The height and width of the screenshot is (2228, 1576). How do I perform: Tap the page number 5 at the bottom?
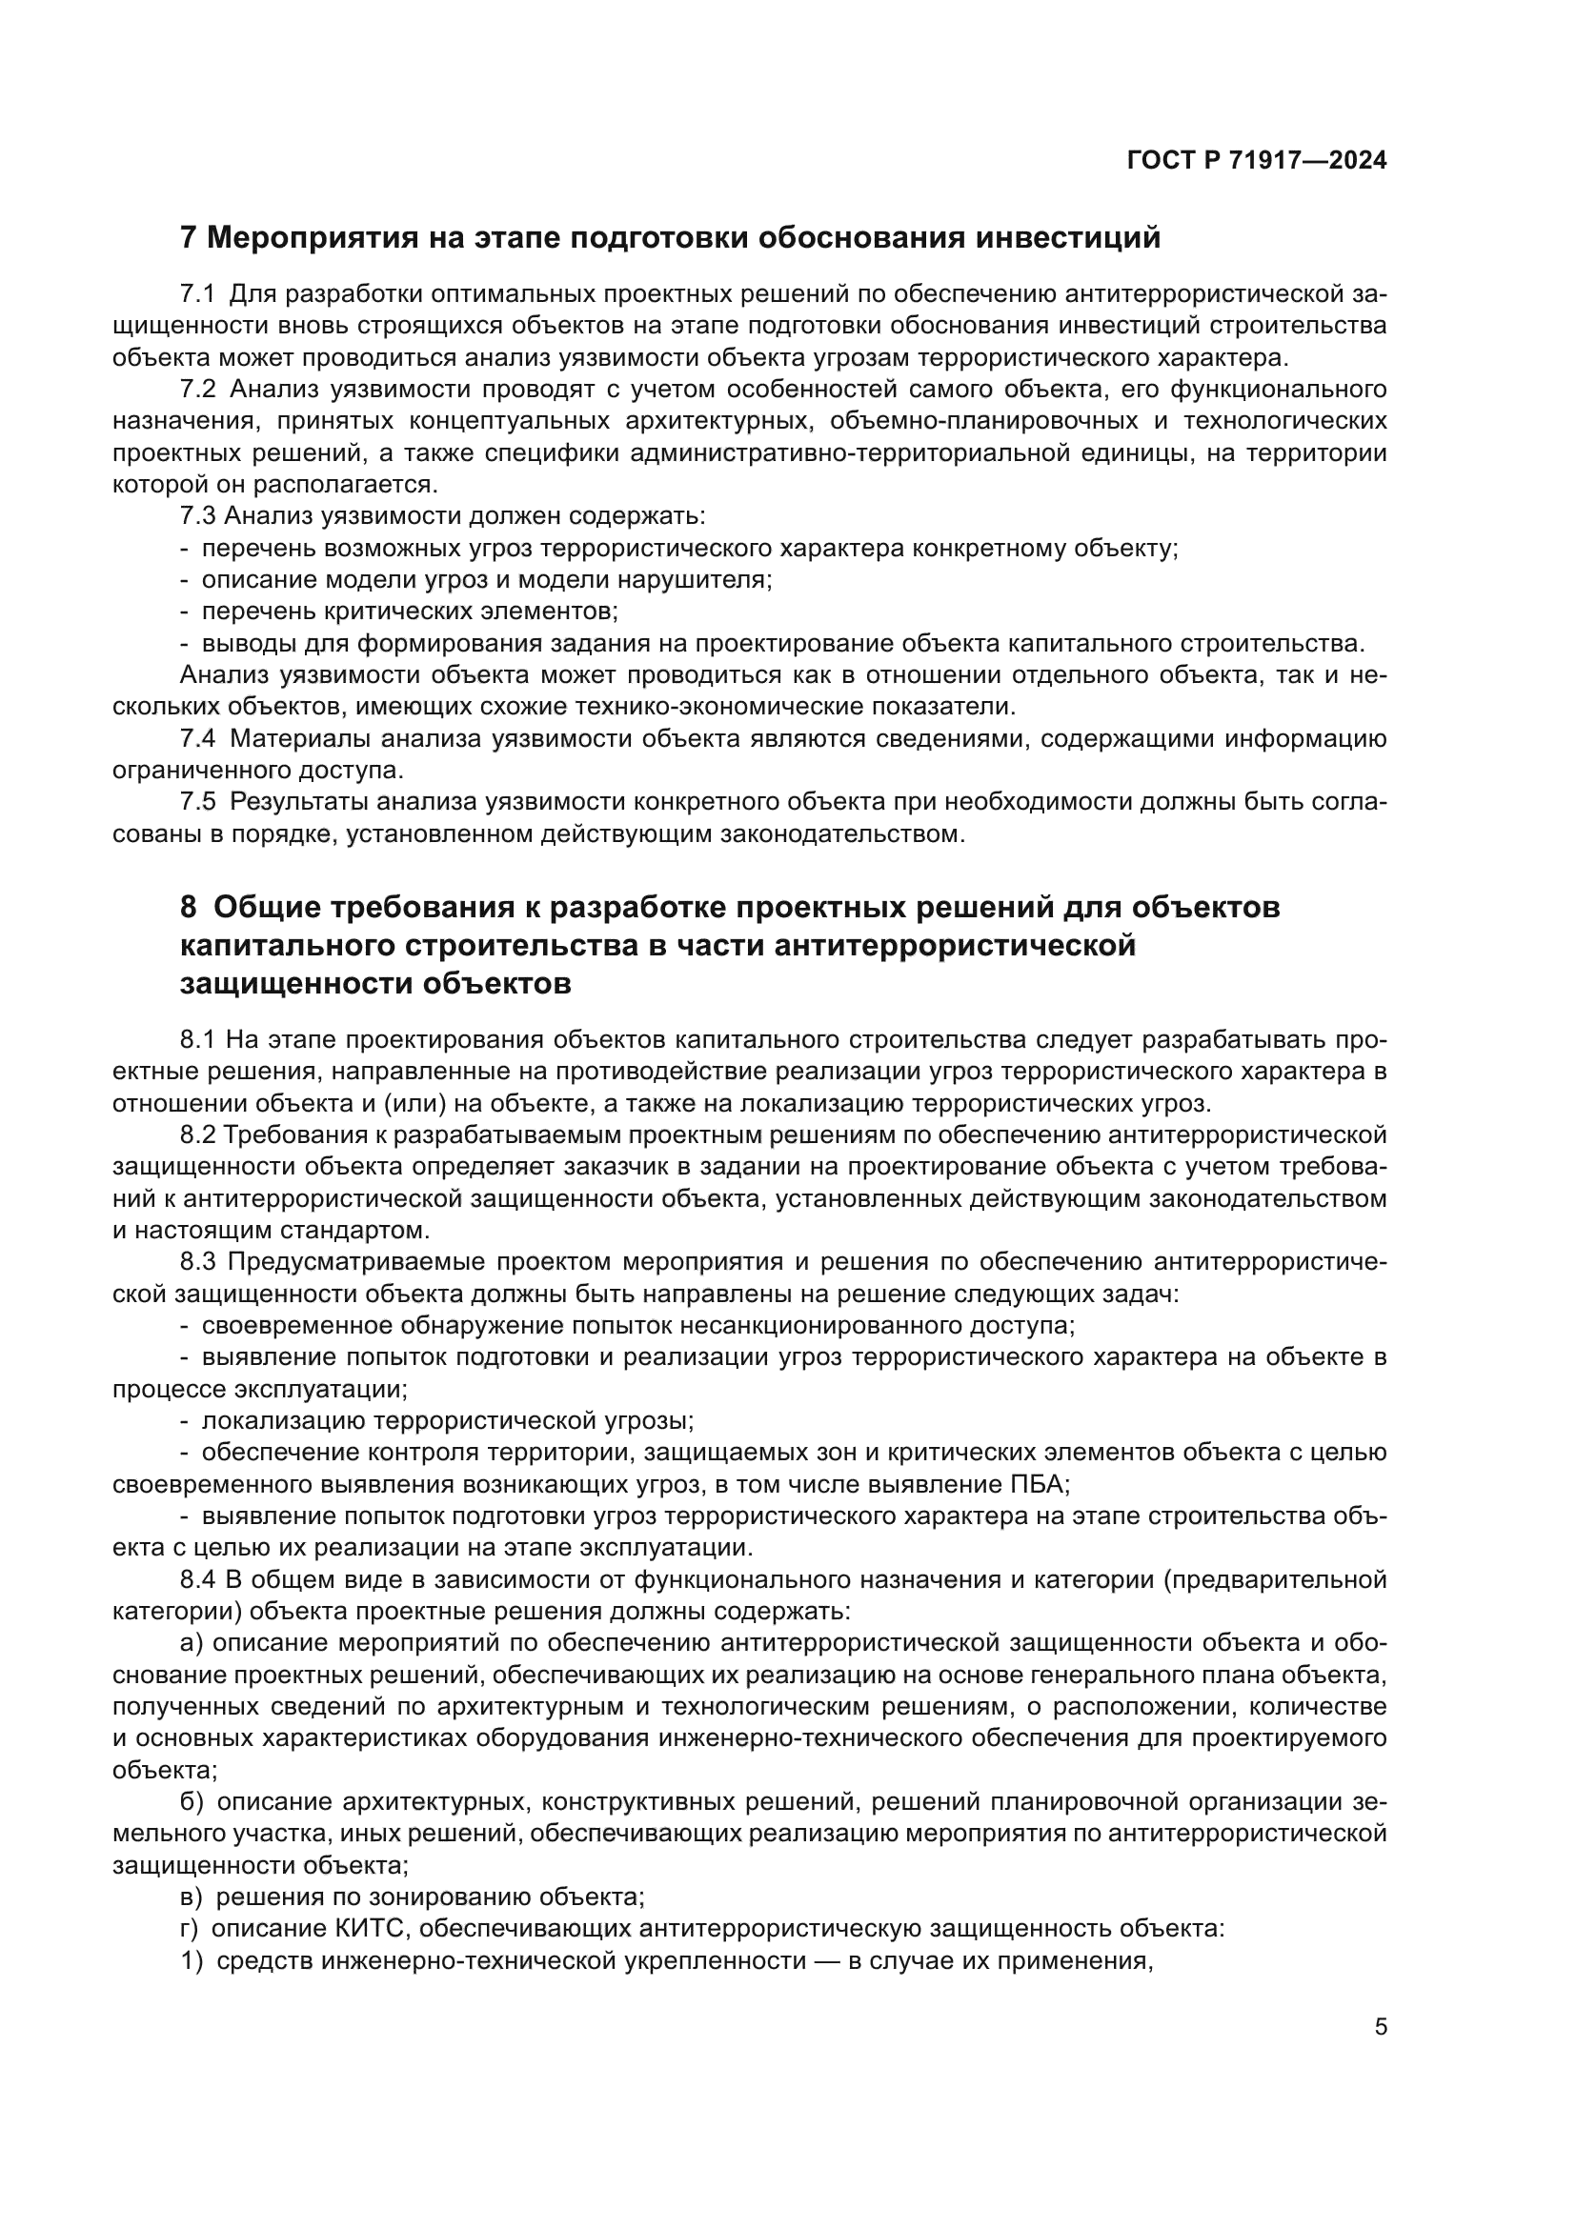pyautogui.click(x=1380, y=2026)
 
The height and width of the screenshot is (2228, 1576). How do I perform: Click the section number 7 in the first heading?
pyautogui.click(x=189, y=237)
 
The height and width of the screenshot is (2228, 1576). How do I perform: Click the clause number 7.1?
pyautogui.click(x=197, y=293)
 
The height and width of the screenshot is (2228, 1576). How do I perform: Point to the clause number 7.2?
pyautogui.click(x=197, y=390)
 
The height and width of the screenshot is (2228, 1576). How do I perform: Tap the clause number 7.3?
pyautogui.click(x=197, y=516)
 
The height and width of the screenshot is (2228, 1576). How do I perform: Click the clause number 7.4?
pyautogui.click(x=197, y=738)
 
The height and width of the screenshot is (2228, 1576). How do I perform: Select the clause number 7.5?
pyautogui.click(x=197, y=801)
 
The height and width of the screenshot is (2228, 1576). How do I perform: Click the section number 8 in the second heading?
pyautogui.click(x=189, y=908)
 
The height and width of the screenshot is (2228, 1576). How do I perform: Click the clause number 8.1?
pyautogui.click(x=197, y=1040)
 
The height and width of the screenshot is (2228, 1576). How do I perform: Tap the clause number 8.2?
pyautogui.click(x=197, y=1135)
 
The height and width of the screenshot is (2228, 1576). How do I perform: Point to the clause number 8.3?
pyautogui.click(x=197, y=1262)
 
